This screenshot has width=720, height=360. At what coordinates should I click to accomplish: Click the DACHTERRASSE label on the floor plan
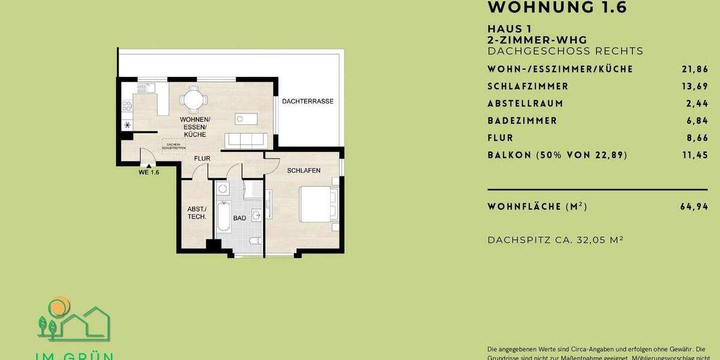[308, 101]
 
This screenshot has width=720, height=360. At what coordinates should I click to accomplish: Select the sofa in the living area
[245, 140]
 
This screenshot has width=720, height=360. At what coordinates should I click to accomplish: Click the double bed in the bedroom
[319, 205]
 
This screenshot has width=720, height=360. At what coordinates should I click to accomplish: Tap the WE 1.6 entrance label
[148, 172]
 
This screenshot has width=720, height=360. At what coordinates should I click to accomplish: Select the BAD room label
[239, 218]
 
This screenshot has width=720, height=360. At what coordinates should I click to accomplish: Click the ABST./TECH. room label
[196, 213]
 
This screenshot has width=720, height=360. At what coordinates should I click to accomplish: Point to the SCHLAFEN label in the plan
[304, 171]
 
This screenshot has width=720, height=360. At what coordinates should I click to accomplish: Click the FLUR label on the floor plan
[201, 159]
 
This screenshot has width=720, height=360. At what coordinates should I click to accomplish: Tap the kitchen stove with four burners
[127, 107]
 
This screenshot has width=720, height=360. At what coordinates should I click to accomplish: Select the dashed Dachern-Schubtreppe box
[173, 146]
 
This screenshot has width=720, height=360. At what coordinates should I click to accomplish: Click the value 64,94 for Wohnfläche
[694, 207]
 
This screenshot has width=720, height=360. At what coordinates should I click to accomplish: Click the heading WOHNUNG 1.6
[557, 8]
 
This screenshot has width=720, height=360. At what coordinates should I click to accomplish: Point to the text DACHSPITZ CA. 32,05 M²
[555, 240]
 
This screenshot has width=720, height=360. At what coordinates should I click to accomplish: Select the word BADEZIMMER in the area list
[522, 121]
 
